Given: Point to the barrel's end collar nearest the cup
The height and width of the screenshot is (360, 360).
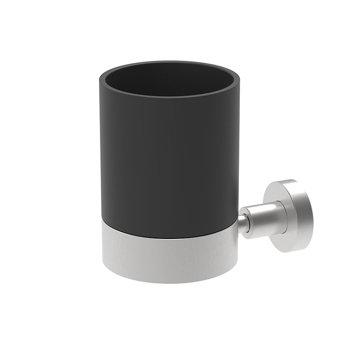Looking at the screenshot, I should (249, 219).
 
